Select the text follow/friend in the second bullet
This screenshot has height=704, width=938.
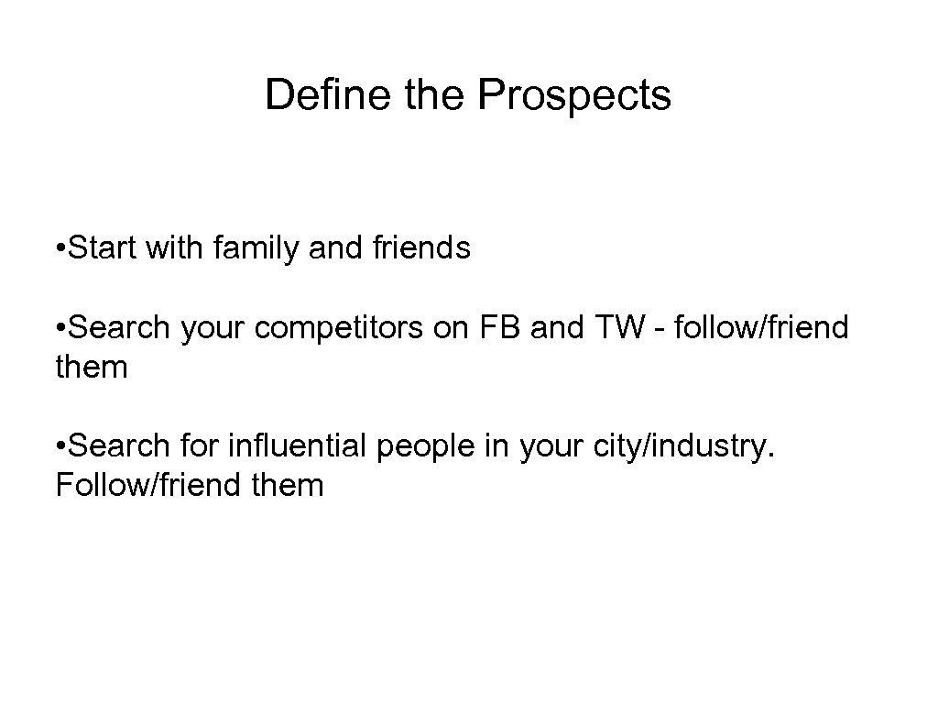760,327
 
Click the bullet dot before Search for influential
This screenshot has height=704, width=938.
60,446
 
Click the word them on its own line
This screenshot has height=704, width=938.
92,367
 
